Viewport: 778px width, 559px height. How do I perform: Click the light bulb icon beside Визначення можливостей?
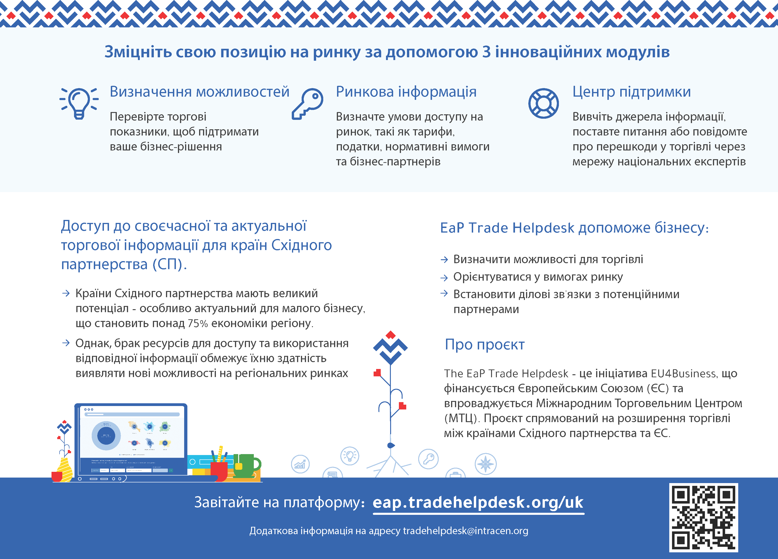[79, 103]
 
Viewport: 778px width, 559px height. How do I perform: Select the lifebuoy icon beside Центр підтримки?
[543, 103]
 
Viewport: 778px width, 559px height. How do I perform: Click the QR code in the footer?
[703, 518]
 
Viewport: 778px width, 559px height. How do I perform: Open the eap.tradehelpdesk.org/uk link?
[478, 502]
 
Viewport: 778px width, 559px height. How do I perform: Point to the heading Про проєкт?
[484, 345]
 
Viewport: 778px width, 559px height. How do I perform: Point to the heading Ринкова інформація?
[406, 92]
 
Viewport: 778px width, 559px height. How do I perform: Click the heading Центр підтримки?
[632, 92]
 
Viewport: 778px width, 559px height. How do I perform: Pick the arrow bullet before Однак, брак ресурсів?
[66, 343]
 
